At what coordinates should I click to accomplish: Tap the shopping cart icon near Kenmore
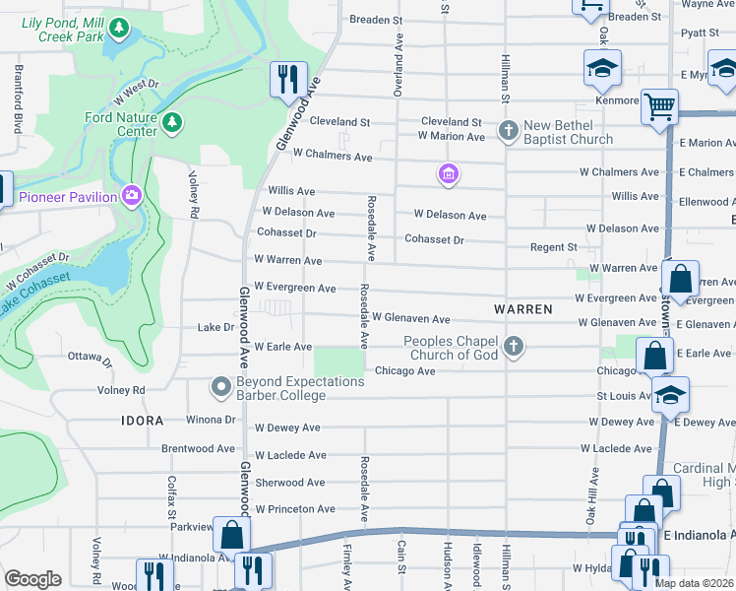click(x=659, y=105)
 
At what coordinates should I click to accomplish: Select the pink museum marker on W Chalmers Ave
click(x=448, y=174)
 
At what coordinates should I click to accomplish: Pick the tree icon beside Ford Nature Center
click(x=173, y=122)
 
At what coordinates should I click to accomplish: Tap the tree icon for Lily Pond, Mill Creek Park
click(x=119, y=30)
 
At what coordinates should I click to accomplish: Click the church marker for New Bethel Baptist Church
click(x=509, y=130)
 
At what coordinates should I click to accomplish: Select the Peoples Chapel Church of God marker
click(x=513, y=346)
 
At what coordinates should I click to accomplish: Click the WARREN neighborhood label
click(x=522, y=308)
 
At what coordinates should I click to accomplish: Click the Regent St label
click(x=553, y=247)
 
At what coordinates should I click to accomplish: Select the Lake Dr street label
click(x=215, y=327)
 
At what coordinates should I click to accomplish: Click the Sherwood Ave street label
click(x=289, y=483)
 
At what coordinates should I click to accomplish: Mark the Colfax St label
click(x=170, y=491)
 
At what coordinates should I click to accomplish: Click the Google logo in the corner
click(x=32, y=579)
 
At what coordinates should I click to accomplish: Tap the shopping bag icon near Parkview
click(x=231, y=535)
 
